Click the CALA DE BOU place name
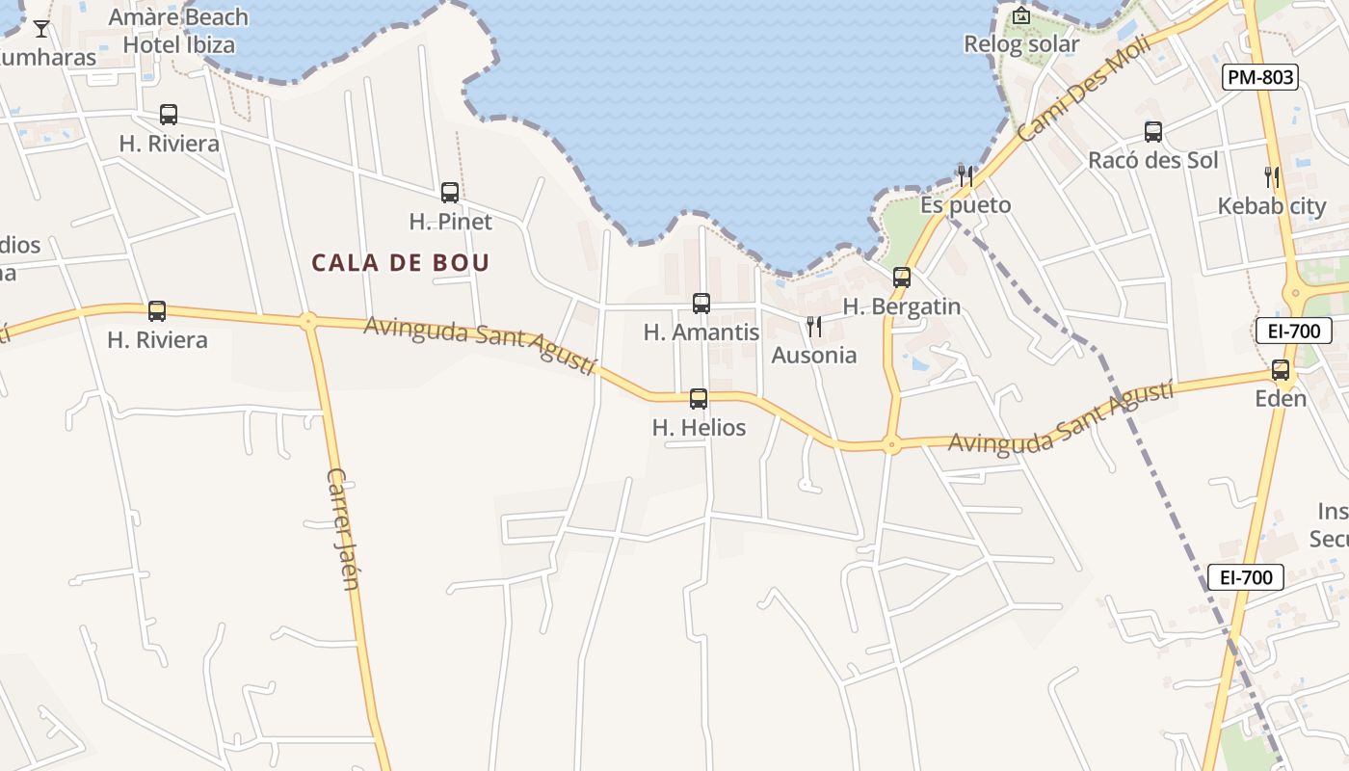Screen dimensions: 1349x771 point(401,262)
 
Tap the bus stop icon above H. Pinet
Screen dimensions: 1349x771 point(450,192)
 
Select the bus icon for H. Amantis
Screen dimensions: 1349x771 point(701,304)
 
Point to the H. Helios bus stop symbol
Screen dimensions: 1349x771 point(699,398)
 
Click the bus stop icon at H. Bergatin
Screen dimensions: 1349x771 point(902,278)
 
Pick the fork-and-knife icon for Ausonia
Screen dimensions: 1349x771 point(814,327)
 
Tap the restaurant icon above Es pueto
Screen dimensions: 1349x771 point(965,175)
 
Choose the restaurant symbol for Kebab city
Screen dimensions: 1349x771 point(1272,176)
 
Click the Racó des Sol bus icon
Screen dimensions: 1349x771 point(1153,132)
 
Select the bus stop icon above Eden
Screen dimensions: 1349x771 point(1281,369)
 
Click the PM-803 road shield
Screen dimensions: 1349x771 point(1260,77)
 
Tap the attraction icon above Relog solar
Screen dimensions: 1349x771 point(1021,15)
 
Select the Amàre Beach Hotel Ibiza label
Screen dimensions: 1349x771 point(179,31)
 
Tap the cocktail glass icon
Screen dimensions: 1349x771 point(41,28)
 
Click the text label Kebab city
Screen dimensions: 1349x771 point(1272,206)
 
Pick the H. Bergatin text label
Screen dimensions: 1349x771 point(902,306)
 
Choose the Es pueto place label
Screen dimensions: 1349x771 point(965,205)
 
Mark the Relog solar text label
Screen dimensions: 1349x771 point(1021,44)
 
